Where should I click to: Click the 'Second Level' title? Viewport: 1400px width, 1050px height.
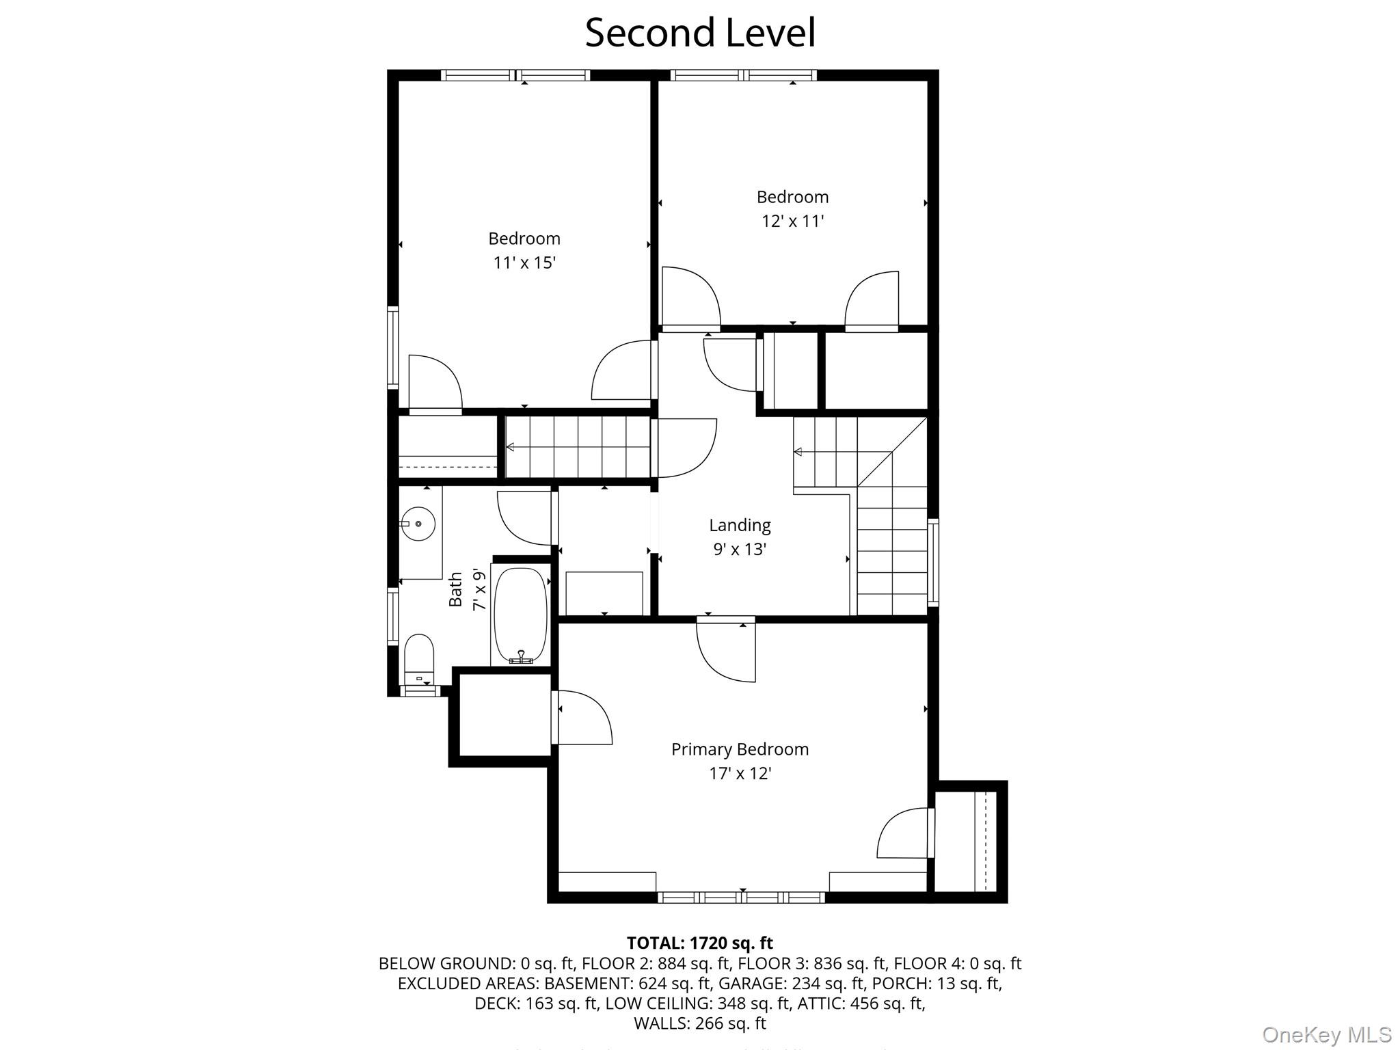(700, 33)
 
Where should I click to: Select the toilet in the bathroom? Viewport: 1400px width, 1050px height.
(419, 658)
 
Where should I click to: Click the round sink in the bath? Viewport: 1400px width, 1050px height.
(417, 524)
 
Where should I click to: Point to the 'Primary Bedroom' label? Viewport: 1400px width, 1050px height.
(740, 749)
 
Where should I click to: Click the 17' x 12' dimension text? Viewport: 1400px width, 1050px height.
(740, 773)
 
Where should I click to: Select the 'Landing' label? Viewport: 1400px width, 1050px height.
(740, 525)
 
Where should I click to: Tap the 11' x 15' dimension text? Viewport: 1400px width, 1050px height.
(524, 262)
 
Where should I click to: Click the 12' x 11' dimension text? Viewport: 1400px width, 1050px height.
(792, 221)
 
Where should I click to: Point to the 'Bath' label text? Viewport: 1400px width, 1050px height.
(456, 589)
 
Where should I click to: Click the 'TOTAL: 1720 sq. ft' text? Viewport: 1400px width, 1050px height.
(699, 943)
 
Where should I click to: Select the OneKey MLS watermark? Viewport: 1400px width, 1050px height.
(1326, 1034)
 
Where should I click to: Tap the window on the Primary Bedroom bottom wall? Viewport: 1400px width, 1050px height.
(742, 897)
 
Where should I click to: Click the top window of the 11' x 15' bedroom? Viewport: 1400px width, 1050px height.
(515, 75)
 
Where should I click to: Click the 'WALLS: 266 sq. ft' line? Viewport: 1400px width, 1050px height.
(699, 1023)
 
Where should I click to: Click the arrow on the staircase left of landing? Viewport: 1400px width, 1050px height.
(510, 447)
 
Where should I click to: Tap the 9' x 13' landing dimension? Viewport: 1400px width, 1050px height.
(740, 549)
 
